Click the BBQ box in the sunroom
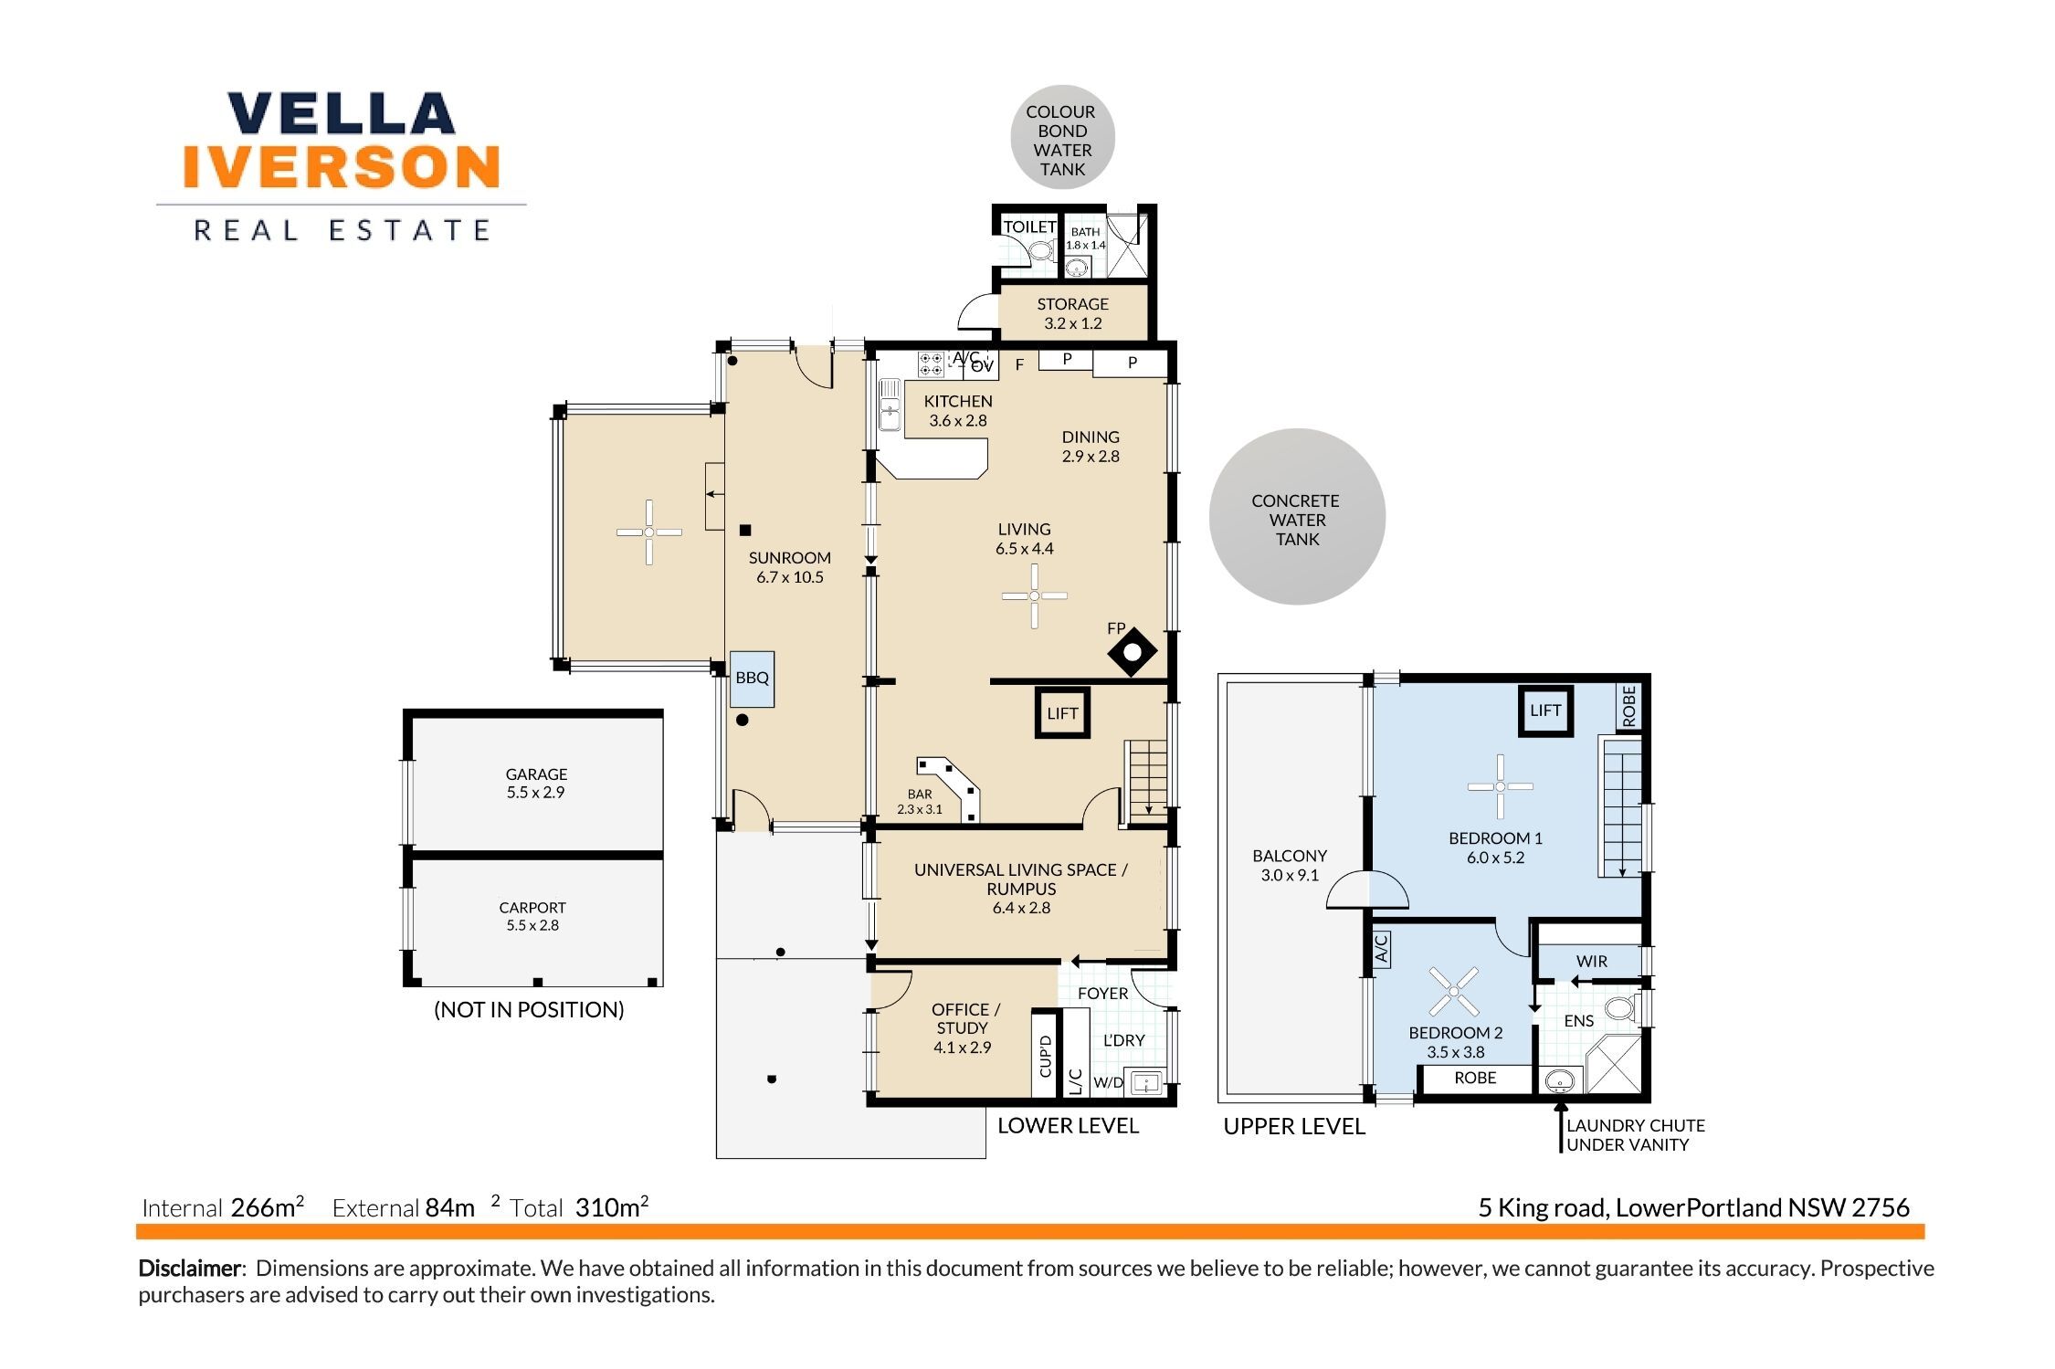point(752,679)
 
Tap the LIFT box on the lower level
point(1062,713)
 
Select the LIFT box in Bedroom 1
point(1545,711)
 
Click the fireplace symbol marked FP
point(1133,652)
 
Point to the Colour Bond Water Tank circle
point(1062,138)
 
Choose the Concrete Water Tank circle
point(1297,517)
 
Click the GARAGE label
point(537,774)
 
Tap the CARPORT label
point(532,908)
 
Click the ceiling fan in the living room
point(1035,596)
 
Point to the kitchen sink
point(890,405)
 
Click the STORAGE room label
point(1072,304)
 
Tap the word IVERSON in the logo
point(342,166)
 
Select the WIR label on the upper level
point(1592,962)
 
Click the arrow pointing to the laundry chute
point(1561,1127)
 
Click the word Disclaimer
point(190,1269)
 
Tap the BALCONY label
point(1290,857)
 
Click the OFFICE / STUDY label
point(964,1018)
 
